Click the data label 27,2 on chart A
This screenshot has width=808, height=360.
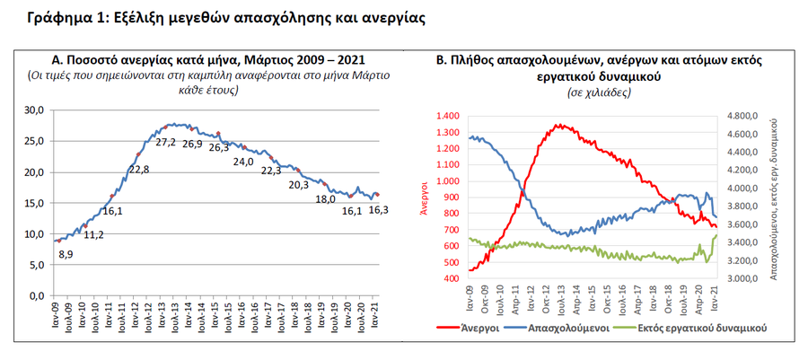pos(165,143)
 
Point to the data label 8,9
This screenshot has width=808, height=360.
pos(66,255)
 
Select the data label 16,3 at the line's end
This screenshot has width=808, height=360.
pos(378,210)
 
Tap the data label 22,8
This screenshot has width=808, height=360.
pos(139,170)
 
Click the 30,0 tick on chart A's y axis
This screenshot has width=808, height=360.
pos(35,110)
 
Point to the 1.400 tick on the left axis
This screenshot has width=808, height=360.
pos(445,117)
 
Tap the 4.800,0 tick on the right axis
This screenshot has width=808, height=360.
pos(742,117)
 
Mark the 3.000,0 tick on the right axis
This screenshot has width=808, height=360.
pos(742,278)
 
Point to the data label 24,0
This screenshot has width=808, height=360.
pos(243,162)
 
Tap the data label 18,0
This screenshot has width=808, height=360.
pos(326,199)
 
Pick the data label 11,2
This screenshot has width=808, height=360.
pos(93,234)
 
